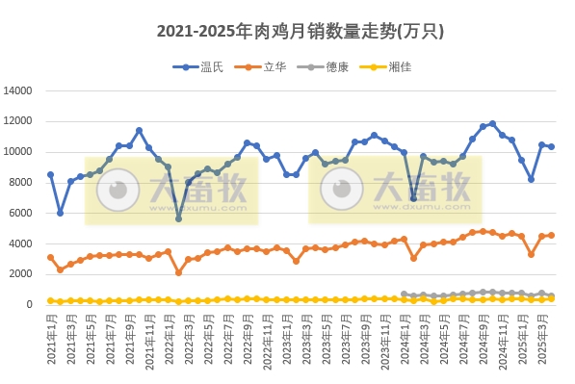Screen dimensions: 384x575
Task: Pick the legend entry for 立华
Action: click(266, 66)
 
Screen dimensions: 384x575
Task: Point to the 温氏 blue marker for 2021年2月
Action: click(60, 213)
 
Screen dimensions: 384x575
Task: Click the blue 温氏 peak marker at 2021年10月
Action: click(139, 130)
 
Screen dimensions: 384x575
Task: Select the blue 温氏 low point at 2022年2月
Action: click(178, 218)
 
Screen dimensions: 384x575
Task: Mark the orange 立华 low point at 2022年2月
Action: click(178, 272)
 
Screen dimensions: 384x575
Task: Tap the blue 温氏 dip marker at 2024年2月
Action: click(413, 198)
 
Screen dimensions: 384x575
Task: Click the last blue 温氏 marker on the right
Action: click(551, 147)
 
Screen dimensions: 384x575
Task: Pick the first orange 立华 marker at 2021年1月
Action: click(50, 257)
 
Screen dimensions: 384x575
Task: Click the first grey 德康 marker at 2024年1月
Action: click(404, 294)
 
